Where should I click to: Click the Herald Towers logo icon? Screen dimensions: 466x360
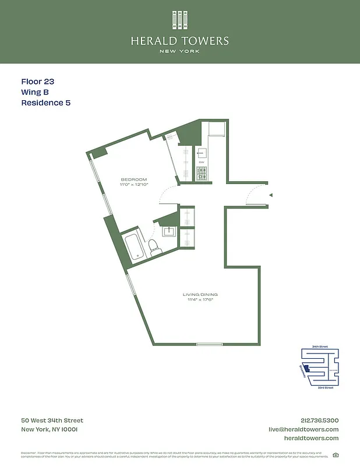(x=180, y=20)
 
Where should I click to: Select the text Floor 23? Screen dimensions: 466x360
(x=38, y=82)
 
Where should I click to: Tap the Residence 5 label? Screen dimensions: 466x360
(x=46, y=103)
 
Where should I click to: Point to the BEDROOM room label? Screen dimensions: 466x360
(x=134, y=179)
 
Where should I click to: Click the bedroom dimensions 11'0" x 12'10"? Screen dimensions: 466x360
(x=134, y=185)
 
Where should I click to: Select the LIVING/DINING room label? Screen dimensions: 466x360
(x=200, y=295)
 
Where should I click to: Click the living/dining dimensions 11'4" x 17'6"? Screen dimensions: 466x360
(x=200, y=301)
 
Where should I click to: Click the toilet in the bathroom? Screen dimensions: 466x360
(x=154, y=248)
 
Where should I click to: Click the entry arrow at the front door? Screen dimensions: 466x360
(x=270, y=196)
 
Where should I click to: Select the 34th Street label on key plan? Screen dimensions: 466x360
(x=320, y=346)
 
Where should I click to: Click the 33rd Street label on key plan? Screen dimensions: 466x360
(x=326, y=387)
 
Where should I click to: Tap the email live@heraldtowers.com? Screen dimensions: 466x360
(x=303, y=429)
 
